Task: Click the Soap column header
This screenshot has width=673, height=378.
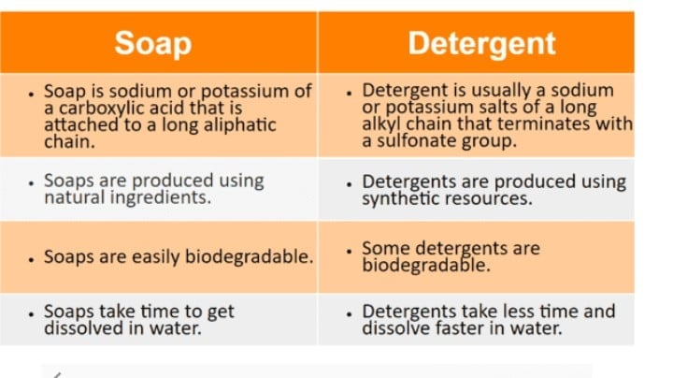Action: click(x=152, y=44)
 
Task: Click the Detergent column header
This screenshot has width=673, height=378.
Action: click(x=481, y=44)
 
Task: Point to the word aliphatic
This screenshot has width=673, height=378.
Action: click(x=239, y=125)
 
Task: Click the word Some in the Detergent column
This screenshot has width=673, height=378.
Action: click(x=386, y=248)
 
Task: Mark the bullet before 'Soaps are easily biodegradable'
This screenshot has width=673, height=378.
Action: click(x=31, y=259)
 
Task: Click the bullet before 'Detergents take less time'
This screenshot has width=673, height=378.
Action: click(x=349, y=314)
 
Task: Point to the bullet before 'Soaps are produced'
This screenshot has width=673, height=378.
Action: click(x=31, y=183)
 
